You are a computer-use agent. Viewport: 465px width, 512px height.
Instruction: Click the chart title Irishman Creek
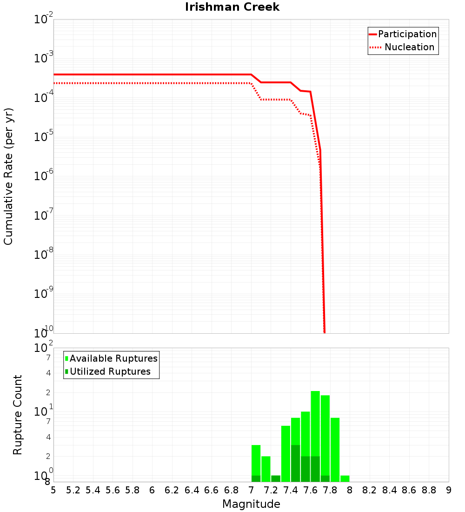click(x=232, y=7)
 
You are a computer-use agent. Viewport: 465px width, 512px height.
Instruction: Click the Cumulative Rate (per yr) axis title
click(x=8, y=176)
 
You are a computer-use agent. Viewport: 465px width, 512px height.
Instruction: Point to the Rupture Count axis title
click(x=18, y=415)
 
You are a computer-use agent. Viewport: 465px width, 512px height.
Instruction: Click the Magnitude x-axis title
click(x=251, y=504)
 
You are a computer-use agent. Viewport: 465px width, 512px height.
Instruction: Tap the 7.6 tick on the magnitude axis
click(x=310, y=490)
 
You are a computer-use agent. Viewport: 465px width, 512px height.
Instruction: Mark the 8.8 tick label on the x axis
click(x=429, y=490)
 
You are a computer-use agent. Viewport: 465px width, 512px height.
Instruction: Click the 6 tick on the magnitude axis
click(x=152, y=490)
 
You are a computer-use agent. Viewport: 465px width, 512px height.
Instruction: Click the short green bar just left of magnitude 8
click(x=345, y=478)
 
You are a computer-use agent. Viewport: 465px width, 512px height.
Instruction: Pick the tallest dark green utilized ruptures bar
click(x=295, y=463)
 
